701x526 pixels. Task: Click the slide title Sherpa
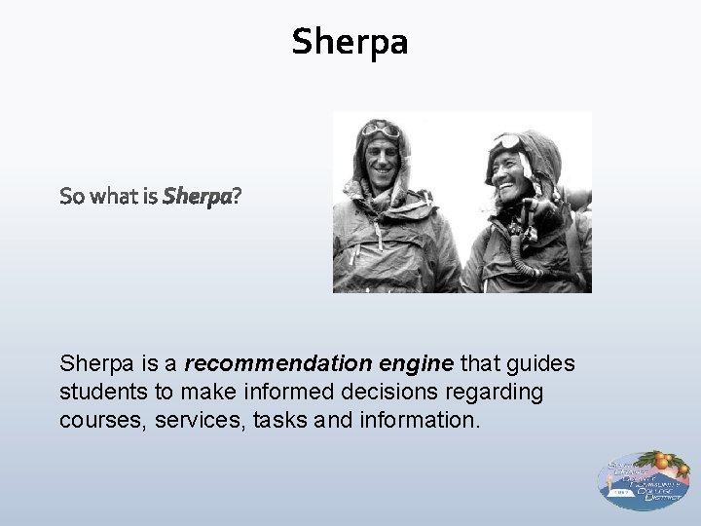point(350,41)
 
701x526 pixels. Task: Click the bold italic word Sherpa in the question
point(199,198)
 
